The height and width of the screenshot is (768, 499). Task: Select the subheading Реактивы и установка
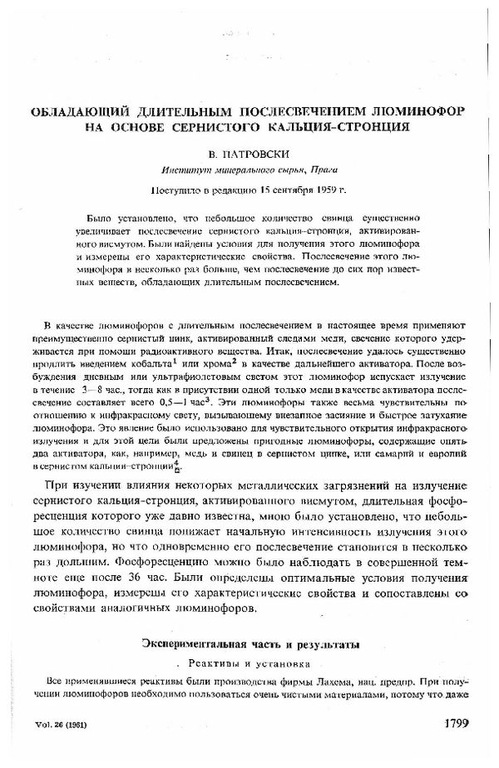[x=249, y=664]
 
